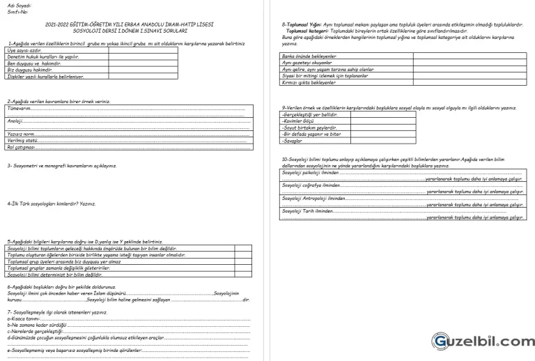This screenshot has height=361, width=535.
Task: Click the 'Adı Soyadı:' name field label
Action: pos(18,6)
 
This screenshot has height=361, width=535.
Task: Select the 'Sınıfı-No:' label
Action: pos(17,12)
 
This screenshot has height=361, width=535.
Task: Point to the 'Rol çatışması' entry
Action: pos(21,148)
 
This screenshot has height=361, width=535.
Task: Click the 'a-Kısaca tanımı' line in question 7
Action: pos(28,319)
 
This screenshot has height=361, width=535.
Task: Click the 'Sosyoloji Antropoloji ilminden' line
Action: pos(313,198)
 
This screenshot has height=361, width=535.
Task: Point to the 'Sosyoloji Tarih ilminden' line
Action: pos(307,210)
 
